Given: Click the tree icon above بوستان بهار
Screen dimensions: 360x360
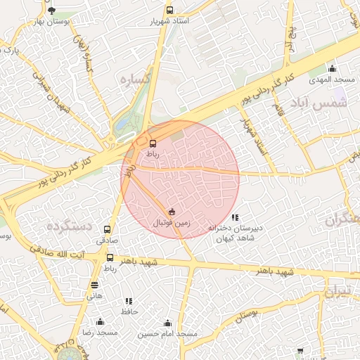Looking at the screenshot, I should [x=51, y=11].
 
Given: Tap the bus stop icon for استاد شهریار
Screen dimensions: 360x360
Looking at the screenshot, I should [x=169, y=11].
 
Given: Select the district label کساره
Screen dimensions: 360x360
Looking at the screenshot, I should [x=135, y=79].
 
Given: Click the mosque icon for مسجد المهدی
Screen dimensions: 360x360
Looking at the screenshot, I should [x=332, y=69].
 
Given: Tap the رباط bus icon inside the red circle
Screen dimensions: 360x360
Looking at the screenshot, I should [x=153, y=143].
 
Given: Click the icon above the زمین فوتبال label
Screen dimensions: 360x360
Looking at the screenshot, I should [x=172, y=212].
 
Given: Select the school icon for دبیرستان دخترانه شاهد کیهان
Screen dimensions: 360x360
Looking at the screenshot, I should [x=235, y=218].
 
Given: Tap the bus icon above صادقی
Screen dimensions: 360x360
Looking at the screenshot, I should [x=108, y=229].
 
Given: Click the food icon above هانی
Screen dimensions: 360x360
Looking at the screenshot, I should [x=94, y=285].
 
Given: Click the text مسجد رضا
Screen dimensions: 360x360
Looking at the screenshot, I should [x=98, y=331].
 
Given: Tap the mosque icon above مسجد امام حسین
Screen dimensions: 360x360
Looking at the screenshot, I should [x=167, y=323].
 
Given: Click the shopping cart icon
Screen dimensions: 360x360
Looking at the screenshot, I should [x=300, y=350].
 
